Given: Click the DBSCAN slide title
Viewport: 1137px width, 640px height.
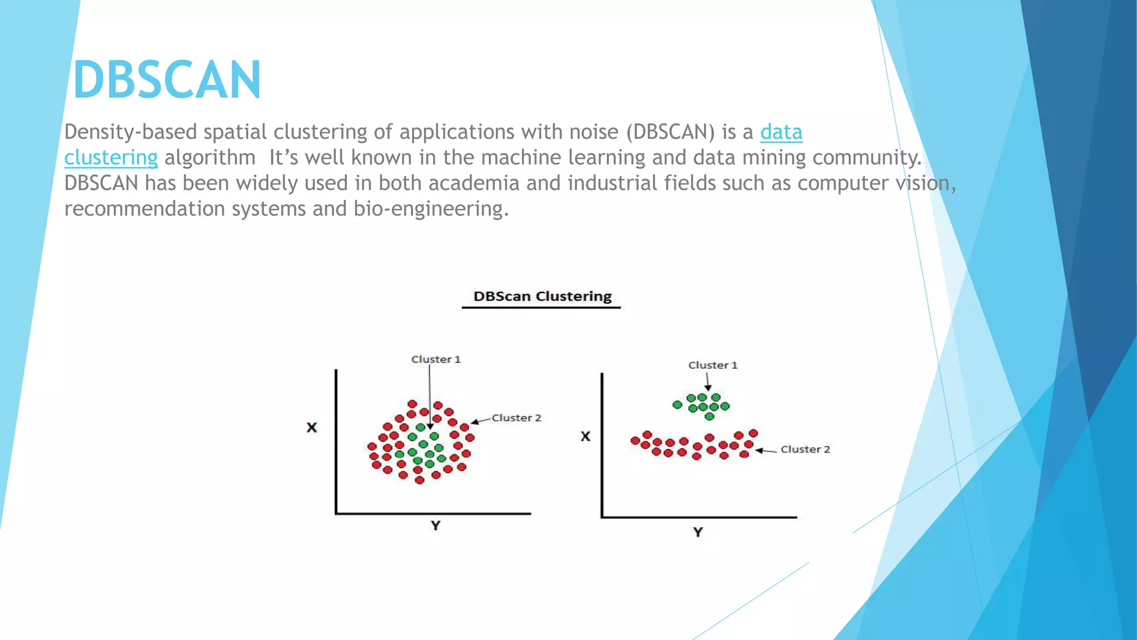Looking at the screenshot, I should click(x=167, y=81).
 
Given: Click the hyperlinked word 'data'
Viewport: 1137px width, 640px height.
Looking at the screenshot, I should click(x=781, y=132).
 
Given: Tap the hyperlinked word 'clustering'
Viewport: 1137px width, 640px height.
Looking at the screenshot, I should click(x=110, y=158).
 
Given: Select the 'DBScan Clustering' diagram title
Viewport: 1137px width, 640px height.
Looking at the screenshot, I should click(x=542, y=297).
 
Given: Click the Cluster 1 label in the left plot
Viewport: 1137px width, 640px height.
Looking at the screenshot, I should click(x=436, y=359).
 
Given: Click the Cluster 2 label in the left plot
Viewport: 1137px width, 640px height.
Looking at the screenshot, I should click(x=516, y=418).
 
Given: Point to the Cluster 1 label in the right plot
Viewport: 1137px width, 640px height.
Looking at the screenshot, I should click(x=713, y=365).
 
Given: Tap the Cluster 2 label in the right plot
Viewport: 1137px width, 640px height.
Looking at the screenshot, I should click(x=805, y=449).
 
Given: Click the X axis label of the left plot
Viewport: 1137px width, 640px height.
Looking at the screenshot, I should click(x=312, y=427).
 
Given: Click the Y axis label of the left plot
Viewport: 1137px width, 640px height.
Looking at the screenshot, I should click(x=436, y=526).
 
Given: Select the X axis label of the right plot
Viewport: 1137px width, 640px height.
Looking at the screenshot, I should click(x=586, y=436).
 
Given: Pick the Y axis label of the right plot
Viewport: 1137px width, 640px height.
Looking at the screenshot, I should click(x=698, y=532).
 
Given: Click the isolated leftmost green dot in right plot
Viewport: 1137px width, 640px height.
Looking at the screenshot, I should click(x=677, y=404).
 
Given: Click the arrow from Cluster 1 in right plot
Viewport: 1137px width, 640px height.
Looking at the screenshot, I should click(x=708, y=382).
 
